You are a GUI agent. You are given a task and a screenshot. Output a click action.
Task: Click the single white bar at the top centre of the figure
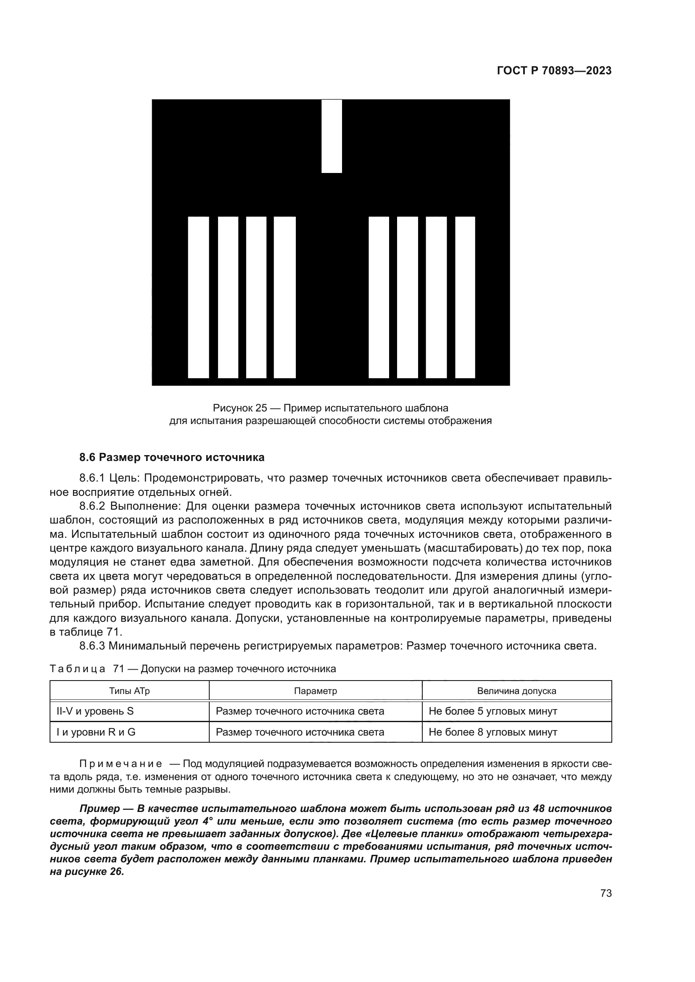[332, 136]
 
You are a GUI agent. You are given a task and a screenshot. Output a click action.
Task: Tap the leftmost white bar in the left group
[198, 297]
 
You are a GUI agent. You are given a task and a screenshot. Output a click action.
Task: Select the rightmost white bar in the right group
[465, 297]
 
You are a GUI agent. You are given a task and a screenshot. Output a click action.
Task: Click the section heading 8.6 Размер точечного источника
[172, 457]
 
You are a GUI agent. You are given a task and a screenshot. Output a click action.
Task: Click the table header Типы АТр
[129, 691]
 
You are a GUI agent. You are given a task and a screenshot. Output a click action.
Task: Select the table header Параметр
[316, 691]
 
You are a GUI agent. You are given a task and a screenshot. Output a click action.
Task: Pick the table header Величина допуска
[516, 691]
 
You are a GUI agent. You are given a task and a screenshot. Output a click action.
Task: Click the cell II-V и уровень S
[95, 711]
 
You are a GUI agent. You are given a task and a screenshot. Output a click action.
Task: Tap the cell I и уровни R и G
[96, 732]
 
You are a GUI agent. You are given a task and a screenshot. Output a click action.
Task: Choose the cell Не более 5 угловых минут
[492, 711]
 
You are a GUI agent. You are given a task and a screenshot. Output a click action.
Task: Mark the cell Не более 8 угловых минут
[492, 732]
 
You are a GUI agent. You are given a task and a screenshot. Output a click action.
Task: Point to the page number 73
[606, 893]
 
